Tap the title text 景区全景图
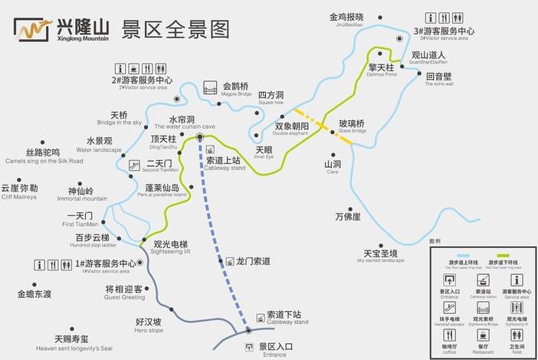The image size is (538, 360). [176, 29]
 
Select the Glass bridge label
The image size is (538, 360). [352, 126]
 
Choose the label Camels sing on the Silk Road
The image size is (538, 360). [43, 156]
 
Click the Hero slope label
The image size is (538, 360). [149, 325]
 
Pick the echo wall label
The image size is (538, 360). [439, 80]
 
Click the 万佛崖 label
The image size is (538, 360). [347, 217]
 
